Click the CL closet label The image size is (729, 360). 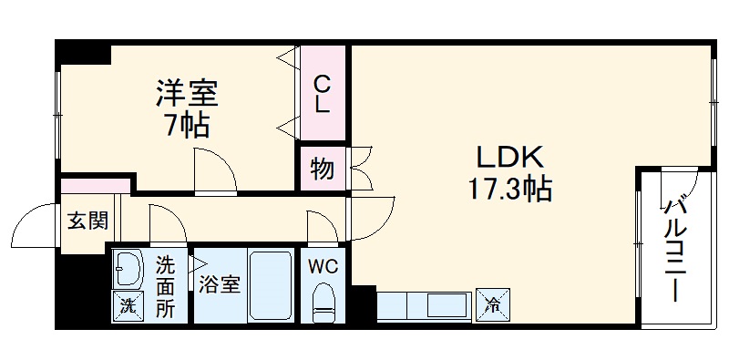tap(323, 94)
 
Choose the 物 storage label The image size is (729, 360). tap(322, 169)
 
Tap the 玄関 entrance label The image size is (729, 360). tap(87, 220)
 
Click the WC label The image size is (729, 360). tap(323, 267)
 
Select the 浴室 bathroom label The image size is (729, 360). tap(220, 283)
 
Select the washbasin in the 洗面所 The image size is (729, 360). tap(128, 269)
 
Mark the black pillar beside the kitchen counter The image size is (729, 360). tap(363, 303)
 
